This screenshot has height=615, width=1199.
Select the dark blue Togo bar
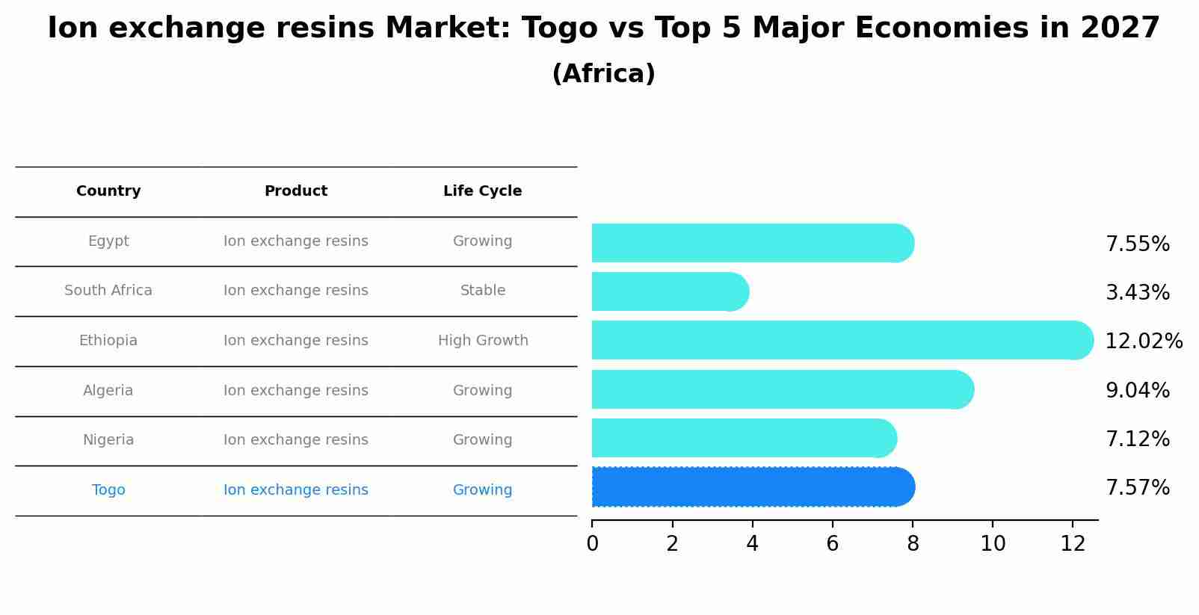tap(751, 487)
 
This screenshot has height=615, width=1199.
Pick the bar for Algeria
tap(781, 389)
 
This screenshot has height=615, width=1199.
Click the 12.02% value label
tap(1144, 342)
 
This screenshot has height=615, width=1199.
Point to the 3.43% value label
tap(1138, 292)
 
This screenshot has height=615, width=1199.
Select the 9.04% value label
tap(1138, 390)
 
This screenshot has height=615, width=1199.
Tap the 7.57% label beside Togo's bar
tap(1138, 488)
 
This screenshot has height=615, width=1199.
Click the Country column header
tap(108, 191)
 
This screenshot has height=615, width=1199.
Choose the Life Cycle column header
tap(482, 191)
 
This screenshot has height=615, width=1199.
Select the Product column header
tap(296, 191)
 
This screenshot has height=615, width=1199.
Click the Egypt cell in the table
tap(108, 241)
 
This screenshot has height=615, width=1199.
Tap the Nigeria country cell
tap(108, 440)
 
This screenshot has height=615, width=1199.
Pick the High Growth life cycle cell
tap(483, 341)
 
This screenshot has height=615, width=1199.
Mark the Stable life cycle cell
tap(483, 291)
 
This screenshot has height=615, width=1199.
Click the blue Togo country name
tap(108, 490)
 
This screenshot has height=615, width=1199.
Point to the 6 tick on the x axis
tap(833, 544)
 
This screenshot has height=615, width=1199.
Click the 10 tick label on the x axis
tap(993, 544)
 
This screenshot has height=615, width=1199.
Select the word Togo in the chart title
tap(559, 28)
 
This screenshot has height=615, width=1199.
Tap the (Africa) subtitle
tap(603, 74)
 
